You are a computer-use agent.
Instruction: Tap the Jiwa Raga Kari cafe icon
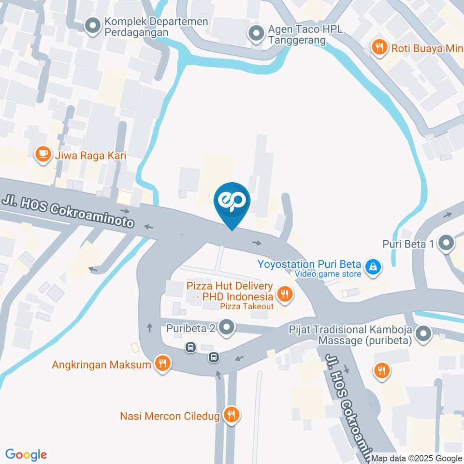click(43, 155)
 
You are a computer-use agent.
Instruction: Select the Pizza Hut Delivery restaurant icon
click(285, 293)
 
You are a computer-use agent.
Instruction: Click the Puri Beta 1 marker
click(445, 244)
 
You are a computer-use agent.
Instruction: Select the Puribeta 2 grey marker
click(226, 328)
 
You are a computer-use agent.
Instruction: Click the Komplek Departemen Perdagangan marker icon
click(91, 26)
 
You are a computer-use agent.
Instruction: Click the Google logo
click(26, 454)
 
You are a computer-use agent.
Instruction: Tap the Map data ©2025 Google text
click(416, 458)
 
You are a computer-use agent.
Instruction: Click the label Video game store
click(329, 275)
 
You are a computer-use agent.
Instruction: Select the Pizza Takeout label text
click(246, 306)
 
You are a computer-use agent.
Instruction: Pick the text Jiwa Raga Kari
click(90, 156)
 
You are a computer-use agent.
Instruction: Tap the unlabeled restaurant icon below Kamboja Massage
click(382, 371)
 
